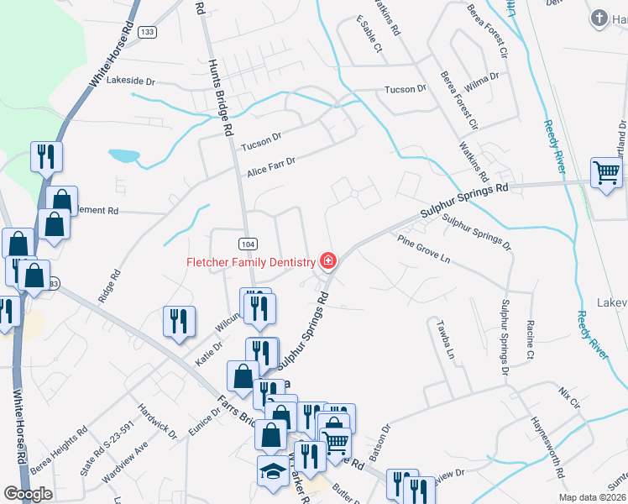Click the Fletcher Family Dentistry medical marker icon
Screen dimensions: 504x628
click(327, 261)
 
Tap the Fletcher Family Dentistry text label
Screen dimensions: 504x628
click(250, 262)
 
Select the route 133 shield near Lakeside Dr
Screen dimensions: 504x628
click(148, 32)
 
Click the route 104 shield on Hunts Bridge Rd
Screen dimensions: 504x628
click(247, 244)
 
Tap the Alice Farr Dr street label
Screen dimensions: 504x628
click(271, 167)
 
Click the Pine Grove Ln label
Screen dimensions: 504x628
click(424, 249)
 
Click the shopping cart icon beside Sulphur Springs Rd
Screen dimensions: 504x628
click(605, 172)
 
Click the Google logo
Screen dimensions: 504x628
click(28, 494)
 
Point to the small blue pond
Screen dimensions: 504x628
click(124, 155)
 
